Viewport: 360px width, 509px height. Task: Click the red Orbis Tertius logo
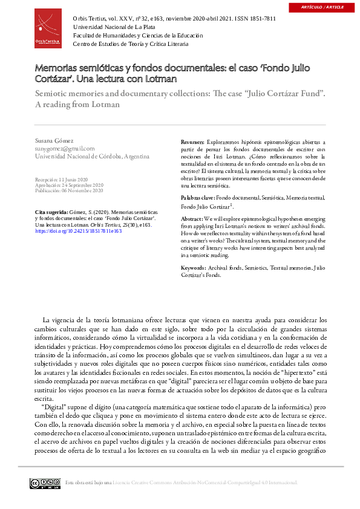pyautogui.click(x=48, y=28)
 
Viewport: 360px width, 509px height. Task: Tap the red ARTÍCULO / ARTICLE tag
pyautogui.click(x=326, y=7)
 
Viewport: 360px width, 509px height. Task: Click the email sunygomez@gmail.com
pyautogui.click(x=65, y=148)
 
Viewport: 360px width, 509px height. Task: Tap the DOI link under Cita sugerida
pyautogui.click(x=79, y=230)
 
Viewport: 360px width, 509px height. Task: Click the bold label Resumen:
pyautogui.click(x=194, y=141)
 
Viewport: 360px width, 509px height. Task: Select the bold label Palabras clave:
pyautogui.click(x=198, y=198)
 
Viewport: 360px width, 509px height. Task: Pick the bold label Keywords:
pyautogui.click(x=194, y=267)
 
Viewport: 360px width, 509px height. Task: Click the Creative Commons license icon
pyautogui.click(x=45, y=482)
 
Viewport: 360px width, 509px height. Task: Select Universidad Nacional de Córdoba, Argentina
pyautogui.click(x=92, y=156)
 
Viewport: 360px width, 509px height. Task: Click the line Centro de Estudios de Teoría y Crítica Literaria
pyautogui.click(x=130, y=44)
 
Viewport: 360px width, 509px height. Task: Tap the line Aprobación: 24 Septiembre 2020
pyautogui.click(x=70, y=185)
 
